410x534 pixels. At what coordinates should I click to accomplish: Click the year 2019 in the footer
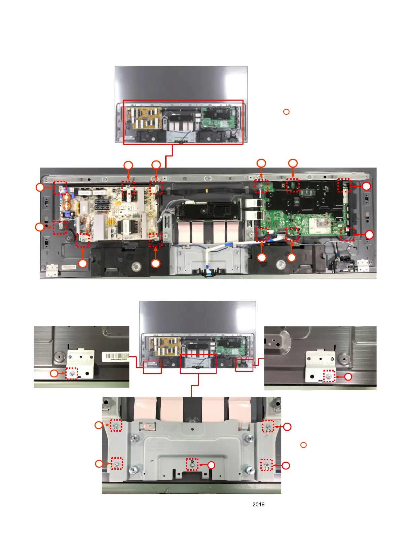pos(258,504)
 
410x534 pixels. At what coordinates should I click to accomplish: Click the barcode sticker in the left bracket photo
pos(115,356)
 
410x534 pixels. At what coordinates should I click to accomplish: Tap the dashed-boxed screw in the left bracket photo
pos(72,373)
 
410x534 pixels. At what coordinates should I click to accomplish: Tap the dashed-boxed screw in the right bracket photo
pos(329,376)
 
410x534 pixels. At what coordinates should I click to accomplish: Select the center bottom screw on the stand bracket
pos(192,464)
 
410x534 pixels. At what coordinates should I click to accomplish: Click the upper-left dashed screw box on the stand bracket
pos(116,426)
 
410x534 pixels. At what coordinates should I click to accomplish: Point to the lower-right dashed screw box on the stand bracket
pos(267,465)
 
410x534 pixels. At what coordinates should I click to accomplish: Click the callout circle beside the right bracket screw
pos(348,377)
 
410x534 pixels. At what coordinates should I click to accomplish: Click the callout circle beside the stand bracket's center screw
pos(211,465)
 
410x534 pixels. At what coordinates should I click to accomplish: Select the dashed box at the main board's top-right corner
pos(344,185)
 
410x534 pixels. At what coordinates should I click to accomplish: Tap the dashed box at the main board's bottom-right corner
pos(347,234)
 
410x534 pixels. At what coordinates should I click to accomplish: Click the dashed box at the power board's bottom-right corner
pos(155,240)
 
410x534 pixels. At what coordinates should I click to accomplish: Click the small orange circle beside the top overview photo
pos(286,112)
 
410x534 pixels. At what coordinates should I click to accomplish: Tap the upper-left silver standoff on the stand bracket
pos(136,438)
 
